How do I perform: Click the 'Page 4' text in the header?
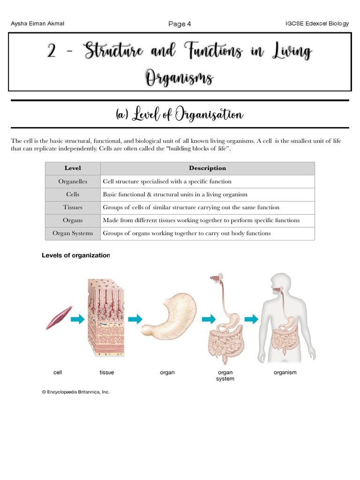pyautogui.click(x=180, y=24)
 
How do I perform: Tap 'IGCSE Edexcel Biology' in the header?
pyautogui.click(x=317, y=24)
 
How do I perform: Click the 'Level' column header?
pyautogui.click(x=73, y=168)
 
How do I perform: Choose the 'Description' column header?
pyautogui.click(x=207, y=168)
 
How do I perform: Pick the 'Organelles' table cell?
pyautogui.click(x=73, y=181)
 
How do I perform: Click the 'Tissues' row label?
pyautogui.click(x=73, y=207)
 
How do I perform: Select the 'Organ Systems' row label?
pyautogui.click(x=73, y=233)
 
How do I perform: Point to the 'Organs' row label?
pyautogui.click(x=73, y=220)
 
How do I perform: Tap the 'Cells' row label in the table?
pyautogui.click(x=73, y=195)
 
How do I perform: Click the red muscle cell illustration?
pyautogui.click(x=59, y=318)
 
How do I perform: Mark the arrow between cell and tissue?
pyautogui.click(x=78, y=319)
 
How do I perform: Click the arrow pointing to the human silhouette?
pyautogui.click(x=251, y=319)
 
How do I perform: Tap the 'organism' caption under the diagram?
pyautogui.click(x=285, y=373)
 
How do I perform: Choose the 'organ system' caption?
pyautogui.click(x=225, y=375)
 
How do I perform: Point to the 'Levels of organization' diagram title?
pyautogui.click(x=75, y=255)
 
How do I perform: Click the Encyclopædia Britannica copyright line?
pyautogui.click(x=76, y=392)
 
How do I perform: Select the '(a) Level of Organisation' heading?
pyautogui.click(x=180, y=114)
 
